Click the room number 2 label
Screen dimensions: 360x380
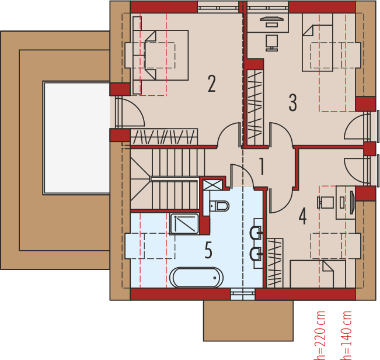pyautogui.click(x=211, y=84)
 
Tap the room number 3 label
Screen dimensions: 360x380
pyautogui.click(x=292, y=102)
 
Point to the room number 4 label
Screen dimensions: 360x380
pyautogui.click(x=302, y=216)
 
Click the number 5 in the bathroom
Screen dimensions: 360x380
pyautogui.click(x=208, y=251)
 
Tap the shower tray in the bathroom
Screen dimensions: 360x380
pyautogui.click(x=184, y=224)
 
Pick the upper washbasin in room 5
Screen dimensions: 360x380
pyautogui.click(x=255, y=233)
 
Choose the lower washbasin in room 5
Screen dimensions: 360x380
pyautogui.click(x=255, y=254)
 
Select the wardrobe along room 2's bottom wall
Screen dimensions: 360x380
pyautogui.click(x=164, y=137)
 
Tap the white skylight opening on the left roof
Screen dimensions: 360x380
pyautogui.click(x=76, y=138)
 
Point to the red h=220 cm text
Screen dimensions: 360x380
pyautogui.click(x=320, y=336)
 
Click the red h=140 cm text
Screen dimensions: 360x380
pyautogui.click(x=347, y=336)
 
